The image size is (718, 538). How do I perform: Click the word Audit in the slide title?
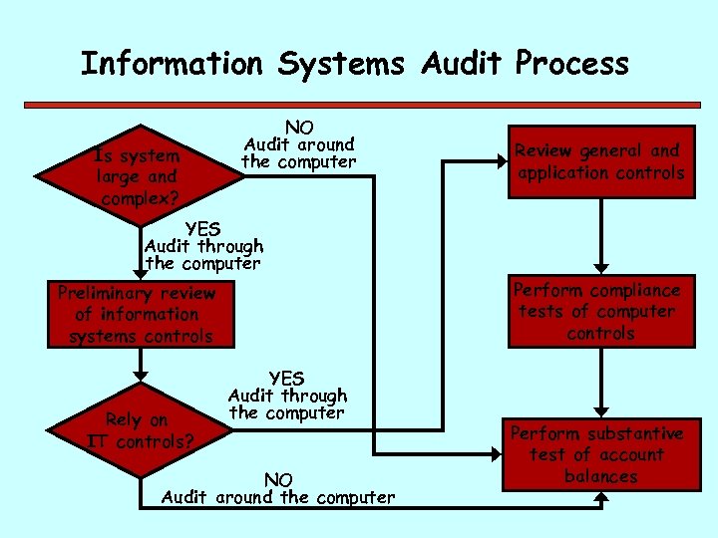click(464, 64)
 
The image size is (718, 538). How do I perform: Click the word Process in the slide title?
click(572, 64)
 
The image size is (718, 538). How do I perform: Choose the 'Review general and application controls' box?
click(600, 162)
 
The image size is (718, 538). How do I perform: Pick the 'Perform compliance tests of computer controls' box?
click(600, 312)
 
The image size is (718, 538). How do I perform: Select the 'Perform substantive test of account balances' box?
click(600, 454)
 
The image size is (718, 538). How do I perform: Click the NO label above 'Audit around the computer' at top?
click(299, 127)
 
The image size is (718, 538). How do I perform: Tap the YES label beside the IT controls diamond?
click(286, 379)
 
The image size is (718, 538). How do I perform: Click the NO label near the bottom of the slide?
click(278, 480)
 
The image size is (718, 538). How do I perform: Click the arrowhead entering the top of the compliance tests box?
click(600, 267)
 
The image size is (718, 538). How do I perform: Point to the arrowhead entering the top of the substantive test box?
click(600, 409)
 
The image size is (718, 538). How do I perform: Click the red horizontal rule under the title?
click(359, 103)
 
